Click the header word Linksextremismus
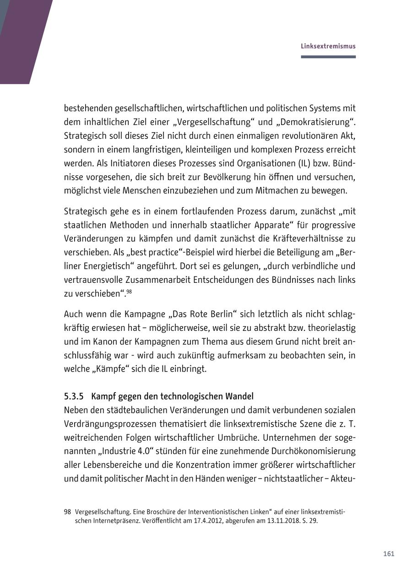coord(328,46)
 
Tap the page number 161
coord(388,554)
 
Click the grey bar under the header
coord(328,57)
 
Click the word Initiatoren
coord(98,163)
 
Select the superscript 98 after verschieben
coord(129,291)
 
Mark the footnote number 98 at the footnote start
coord(67,512)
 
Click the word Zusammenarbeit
coord(169,279)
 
